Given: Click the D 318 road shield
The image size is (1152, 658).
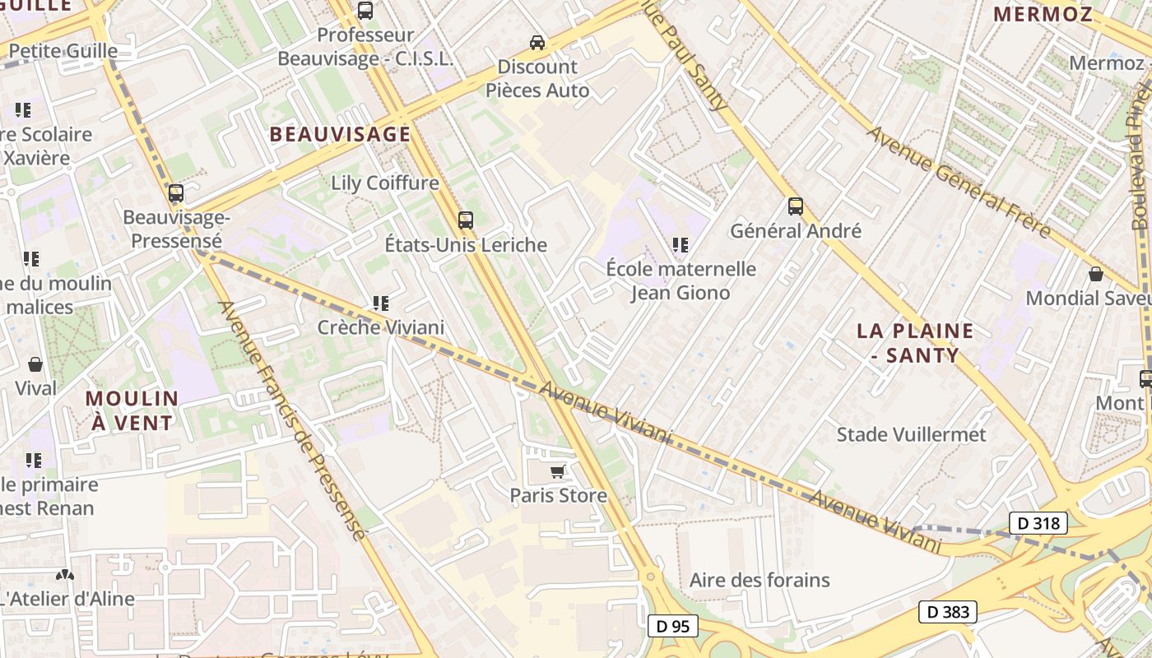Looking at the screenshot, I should click(1038, 523).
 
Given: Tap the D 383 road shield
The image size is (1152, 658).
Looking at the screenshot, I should click(948, 612).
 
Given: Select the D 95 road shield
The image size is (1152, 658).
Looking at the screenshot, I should click(672, 626).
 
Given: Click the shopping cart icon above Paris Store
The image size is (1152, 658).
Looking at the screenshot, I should click(558, 471).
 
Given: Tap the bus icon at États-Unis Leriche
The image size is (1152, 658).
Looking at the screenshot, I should click(466, 220).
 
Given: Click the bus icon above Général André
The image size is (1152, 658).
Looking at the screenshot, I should click(795, 206).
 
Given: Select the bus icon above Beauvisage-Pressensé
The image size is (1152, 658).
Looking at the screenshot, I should click(175, 193).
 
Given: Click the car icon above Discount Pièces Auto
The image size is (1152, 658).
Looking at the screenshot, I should click(537, 42).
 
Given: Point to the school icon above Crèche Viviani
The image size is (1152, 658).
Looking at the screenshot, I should click(380, 304).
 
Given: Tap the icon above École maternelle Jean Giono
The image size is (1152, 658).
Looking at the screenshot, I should click(680, 244).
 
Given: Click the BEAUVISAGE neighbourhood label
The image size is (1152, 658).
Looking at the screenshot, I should click(340, 134).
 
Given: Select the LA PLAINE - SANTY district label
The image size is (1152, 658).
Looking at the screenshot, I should click(915, 343).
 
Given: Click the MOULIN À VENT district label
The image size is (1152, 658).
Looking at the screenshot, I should click(132, 410).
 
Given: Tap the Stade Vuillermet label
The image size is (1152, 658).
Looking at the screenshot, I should click(911, 434).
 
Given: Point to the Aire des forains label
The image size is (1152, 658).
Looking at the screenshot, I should click(759, 580).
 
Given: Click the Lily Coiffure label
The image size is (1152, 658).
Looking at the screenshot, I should click(384, 183).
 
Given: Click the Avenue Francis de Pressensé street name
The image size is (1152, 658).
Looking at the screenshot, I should click(291, 419).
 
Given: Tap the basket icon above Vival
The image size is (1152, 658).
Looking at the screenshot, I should click(35, 364).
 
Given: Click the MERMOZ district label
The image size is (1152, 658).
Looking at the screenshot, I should click(1043, 14).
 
